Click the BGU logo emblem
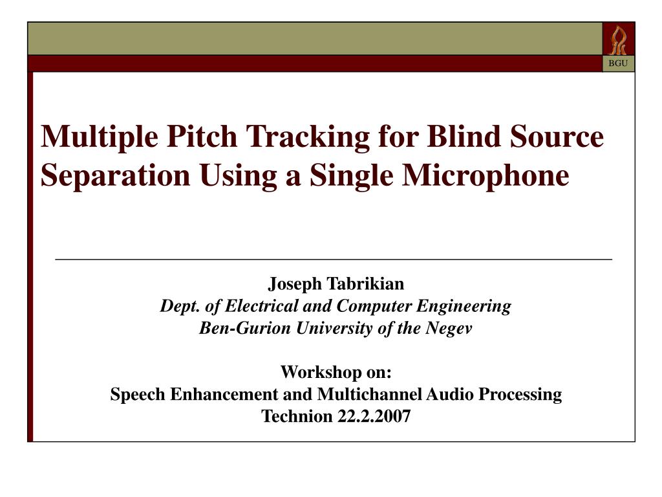[619, 39]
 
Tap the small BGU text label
[619, 63]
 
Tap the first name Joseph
[295, 283]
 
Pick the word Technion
[297, 416]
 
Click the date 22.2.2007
[374, 416]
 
